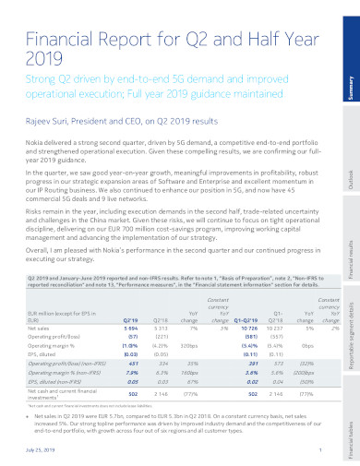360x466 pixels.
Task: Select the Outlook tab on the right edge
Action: pyautogui.click(x=351, y=162)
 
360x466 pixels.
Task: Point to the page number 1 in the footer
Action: pyautogui.click(x=319, y=449)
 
